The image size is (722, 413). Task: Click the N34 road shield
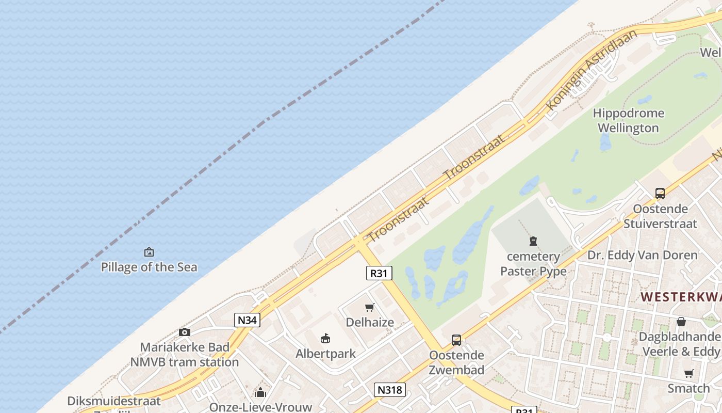click(247, 320)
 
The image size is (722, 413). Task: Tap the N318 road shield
click(389, 390)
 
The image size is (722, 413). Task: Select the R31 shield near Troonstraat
click(379, 273)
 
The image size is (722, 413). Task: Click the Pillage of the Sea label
click(149, 267)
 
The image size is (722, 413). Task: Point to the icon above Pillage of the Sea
click(149, 252)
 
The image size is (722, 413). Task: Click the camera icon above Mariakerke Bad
click(184, 332)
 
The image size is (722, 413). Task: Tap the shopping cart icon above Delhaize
click(370, 308)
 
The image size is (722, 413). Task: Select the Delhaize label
click(370, 322)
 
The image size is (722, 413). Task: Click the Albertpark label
click(325, 354)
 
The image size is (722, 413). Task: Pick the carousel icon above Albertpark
click(325, 339)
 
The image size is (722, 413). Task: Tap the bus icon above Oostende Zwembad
click(456, 340)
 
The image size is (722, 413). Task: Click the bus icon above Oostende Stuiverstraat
click(660, 194)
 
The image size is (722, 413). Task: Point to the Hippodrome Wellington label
click(628, 120)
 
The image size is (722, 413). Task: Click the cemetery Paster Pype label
click(533, 263)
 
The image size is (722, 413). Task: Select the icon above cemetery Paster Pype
click(533, 241)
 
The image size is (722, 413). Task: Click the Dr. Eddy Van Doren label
click(642, 255)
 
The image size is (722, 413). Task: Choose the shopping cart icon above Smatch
click(688, 373)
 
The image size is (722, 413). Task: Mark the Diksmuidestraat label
click(113, 401)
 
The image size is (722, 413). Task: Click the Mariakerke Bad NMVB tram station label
click(184, 354)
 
